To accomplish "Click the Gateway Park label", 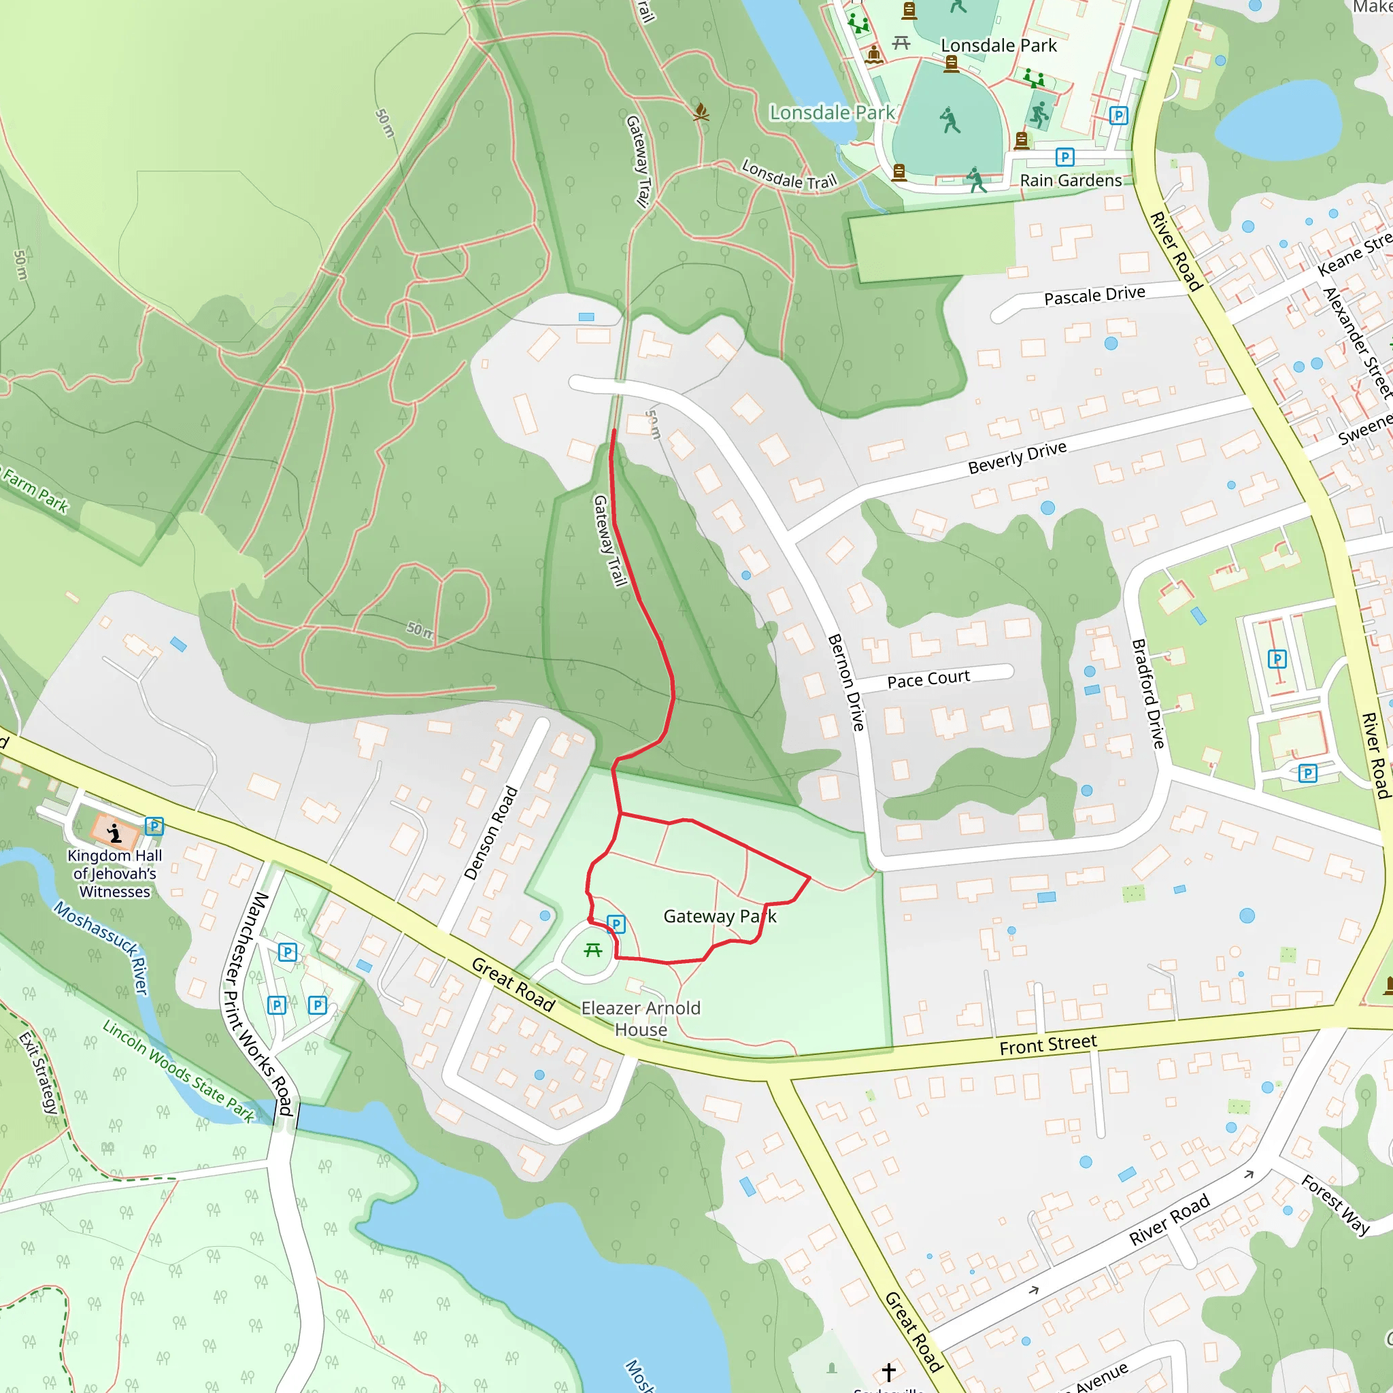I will tap(720, 916).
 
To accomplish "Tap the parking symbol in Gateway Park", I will tap(616, 924).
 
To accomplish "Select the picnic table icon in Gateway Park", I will tap(593, 950).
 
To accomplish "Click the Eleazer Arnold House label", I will tap(641, 1018).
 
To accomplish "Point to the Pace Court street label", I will tap(928, 679).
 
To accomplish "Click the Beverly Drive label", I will tap(1017, 457).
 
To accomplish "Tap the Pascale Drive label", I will tap(1094, 296).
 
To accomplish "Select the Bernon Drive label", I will tap(845, 682).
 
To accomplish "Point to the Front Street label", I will tap(1047, 1044).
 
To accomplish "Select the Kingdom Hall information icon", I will tap(114, 833).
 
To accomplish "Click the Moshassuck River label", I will tap(101, 947).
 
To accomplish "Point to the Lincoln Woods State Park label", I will tap(178, 1071).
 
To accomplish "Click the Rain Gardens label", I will tap(1071, 180).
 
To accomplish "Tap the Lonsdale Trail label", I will tap(789, 175).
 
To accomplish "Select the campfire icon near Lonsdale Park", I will tap(701, 112).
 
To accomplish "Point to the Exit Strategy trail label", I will tap(38, 1073).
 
